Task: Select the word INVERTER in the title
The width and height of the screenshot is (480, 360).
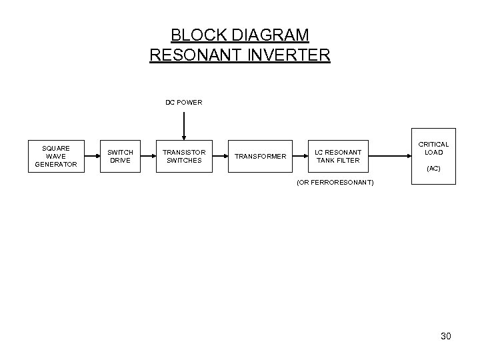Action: click(287, 55)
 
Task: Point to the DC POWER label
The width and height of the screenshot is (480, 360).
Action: click(184, 103)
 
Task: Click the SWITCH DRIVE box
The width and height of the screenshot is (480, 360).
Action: click(121, 156)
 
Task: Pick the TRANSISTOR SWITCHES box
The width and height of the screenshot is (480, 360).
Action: click(184, 156)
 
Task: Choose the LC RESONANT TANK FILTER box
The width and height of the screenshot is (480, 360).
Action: click(338, 156)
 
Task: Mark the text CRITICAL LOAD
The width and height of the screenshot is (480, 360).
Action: click(433, 148)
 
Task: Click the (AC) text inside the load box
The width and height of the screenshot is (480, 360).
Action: click(433, 169)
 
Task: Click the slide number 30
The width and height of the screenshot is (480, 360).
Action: click(446, 337)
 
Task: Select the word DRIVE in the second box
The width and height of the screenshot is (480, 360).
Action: click(121, 160)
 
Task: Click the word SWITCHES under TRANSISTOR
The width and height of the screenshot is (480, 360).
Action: click(184, 160)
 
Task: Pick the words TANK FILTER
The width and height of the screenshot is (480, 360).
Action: click(338, 160)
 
